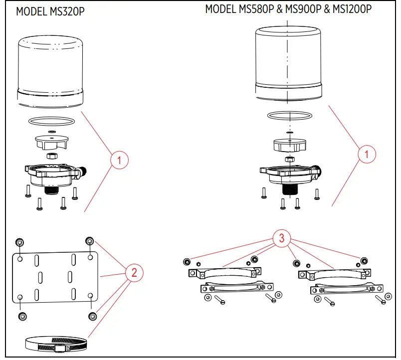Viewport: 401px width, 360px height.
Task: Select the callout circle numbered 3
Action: click(x=282, y=239)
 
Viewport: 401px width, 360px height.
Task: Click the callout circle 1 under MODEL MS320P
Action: click(x=119, y=161)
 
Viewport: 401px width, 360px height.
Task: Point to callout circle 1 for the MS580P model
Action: click(x=367, y=154)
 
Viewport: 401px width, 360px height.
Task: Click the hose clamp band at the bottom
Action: click(x=55, y=344)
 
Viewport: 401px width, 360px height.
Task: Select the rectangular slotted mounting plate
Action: click(x=55, y=276)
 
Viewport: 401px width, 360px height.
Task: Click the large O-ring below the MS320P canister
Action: click(x=51, y=121)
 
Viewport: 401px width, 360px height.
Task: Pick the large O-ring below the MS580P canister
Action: click(x=290, y=116)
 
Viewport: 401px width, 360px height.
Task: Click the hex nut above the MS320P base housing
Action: click(x=51, y=156)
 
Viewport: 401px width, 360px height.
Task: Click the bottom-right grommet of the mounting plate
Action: click(x=93, y=316)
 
